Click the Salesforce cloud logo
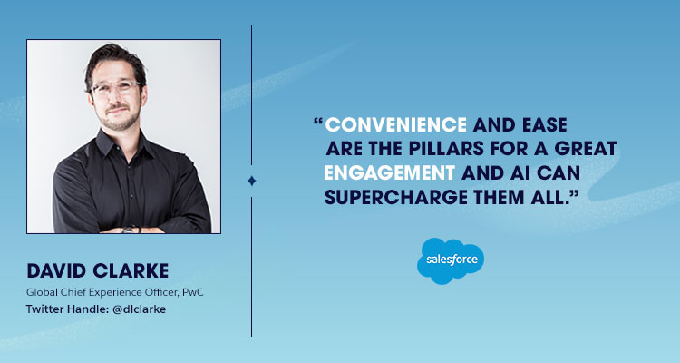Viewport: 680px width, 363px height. click(450, 260)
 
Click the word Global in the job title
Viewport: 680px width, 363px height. click(42, 291)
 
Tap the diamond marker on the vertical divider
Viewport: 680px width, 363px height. click(252, 181)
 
